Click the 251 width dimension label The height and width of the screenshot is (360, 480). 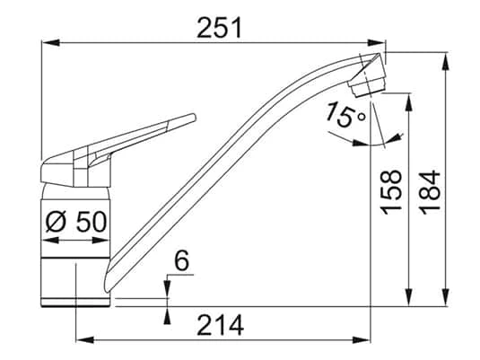click(219, 28)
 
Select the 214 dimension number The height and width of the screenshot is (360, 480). click(220, 325)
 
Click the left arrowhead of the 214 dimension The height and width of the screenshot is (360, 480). click(82, 339)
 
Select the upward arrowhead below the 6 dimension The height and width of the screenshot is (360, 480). click(169, 313)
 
